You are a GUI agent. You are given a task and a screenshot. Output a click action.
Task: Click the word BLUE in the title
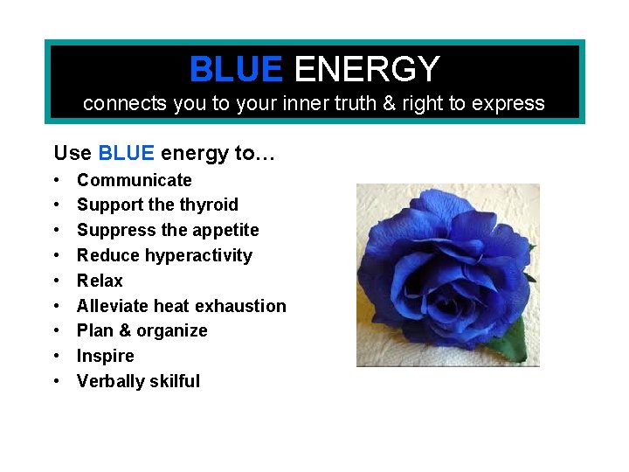pyautogui.click(x=235, y=69)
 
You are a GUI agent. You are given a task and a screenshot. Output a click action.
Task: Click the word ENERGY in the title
pyautogui.click(x=367, y=69)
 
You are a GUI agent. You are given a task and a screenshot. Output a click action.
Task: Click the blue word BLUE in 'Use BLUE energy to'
pyautogui.click(x=126, y=154)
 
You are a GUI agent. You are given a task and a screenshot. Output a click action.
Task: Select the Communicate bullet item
pyautogui.click(x=134, y=180)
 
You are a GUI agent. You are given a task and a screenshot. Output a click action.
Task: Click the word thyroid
pyautogui.click(x=209, y=205)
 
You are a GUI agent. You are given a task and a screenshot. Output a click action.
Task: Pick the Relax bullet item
pyautogui.click(x=100, y=281)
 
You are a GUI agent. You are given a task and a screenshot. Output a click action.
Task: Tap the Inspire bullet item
pyautogui.click(x=105, y=356)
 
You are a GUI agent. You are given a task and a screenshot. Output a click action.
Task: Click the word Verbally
pyautogui.click(x=110, y=381)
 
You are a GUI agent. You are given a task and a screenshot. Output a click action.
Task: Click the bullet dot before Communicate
pyautogui.click(x=56, y=181)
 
